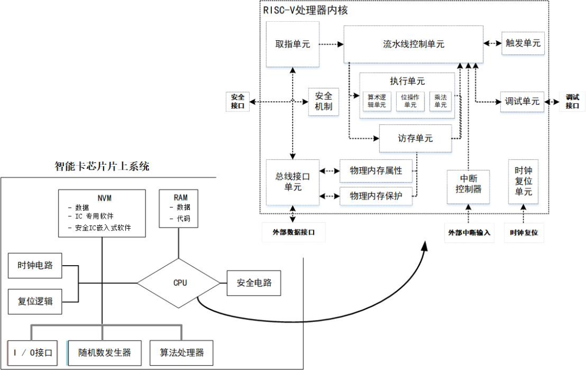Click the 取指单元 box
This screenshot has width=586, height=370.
tap(292, 44)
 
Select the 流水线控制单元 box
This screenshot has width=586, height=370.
tap(413, 44)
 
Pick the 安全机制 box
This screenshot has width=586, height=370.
tap(323, 102)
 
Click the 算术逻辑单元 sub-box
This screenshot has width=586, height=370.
tap(376, 101)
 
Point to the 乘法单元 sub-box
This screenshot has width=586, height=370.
tap(440, 101)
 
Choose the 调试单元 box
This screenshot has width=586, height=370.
tap(522, 102)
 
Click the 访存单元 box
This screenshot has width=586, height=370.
tap(415, 139)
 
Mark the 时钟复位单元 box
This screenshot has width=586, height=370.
tap(523, 181)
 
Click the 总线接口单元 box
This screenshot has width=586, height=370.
tap(292, 182)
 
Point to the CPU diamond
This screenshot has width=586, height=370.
tap(180, 283)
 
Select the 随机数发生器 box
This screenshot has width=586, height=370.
tap(105, 353)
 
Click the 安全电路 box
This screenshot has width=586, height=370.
tap(254, 283)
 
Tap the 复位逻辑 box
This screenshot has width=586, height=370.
tap(35, 301)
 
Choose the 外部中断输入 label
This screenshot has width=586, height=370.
tap(469, 233)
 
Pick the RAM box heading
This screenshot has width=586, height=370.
tap(181, 197)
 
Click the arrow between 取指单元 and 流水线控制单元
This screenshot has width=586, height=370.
tap(330, 44)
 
